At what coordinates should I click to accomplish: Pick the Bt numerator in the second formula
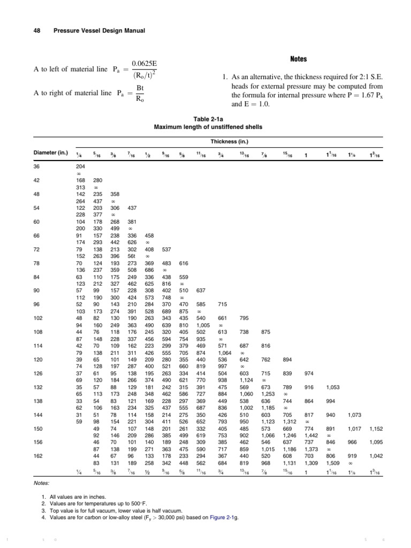point(140,88)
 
